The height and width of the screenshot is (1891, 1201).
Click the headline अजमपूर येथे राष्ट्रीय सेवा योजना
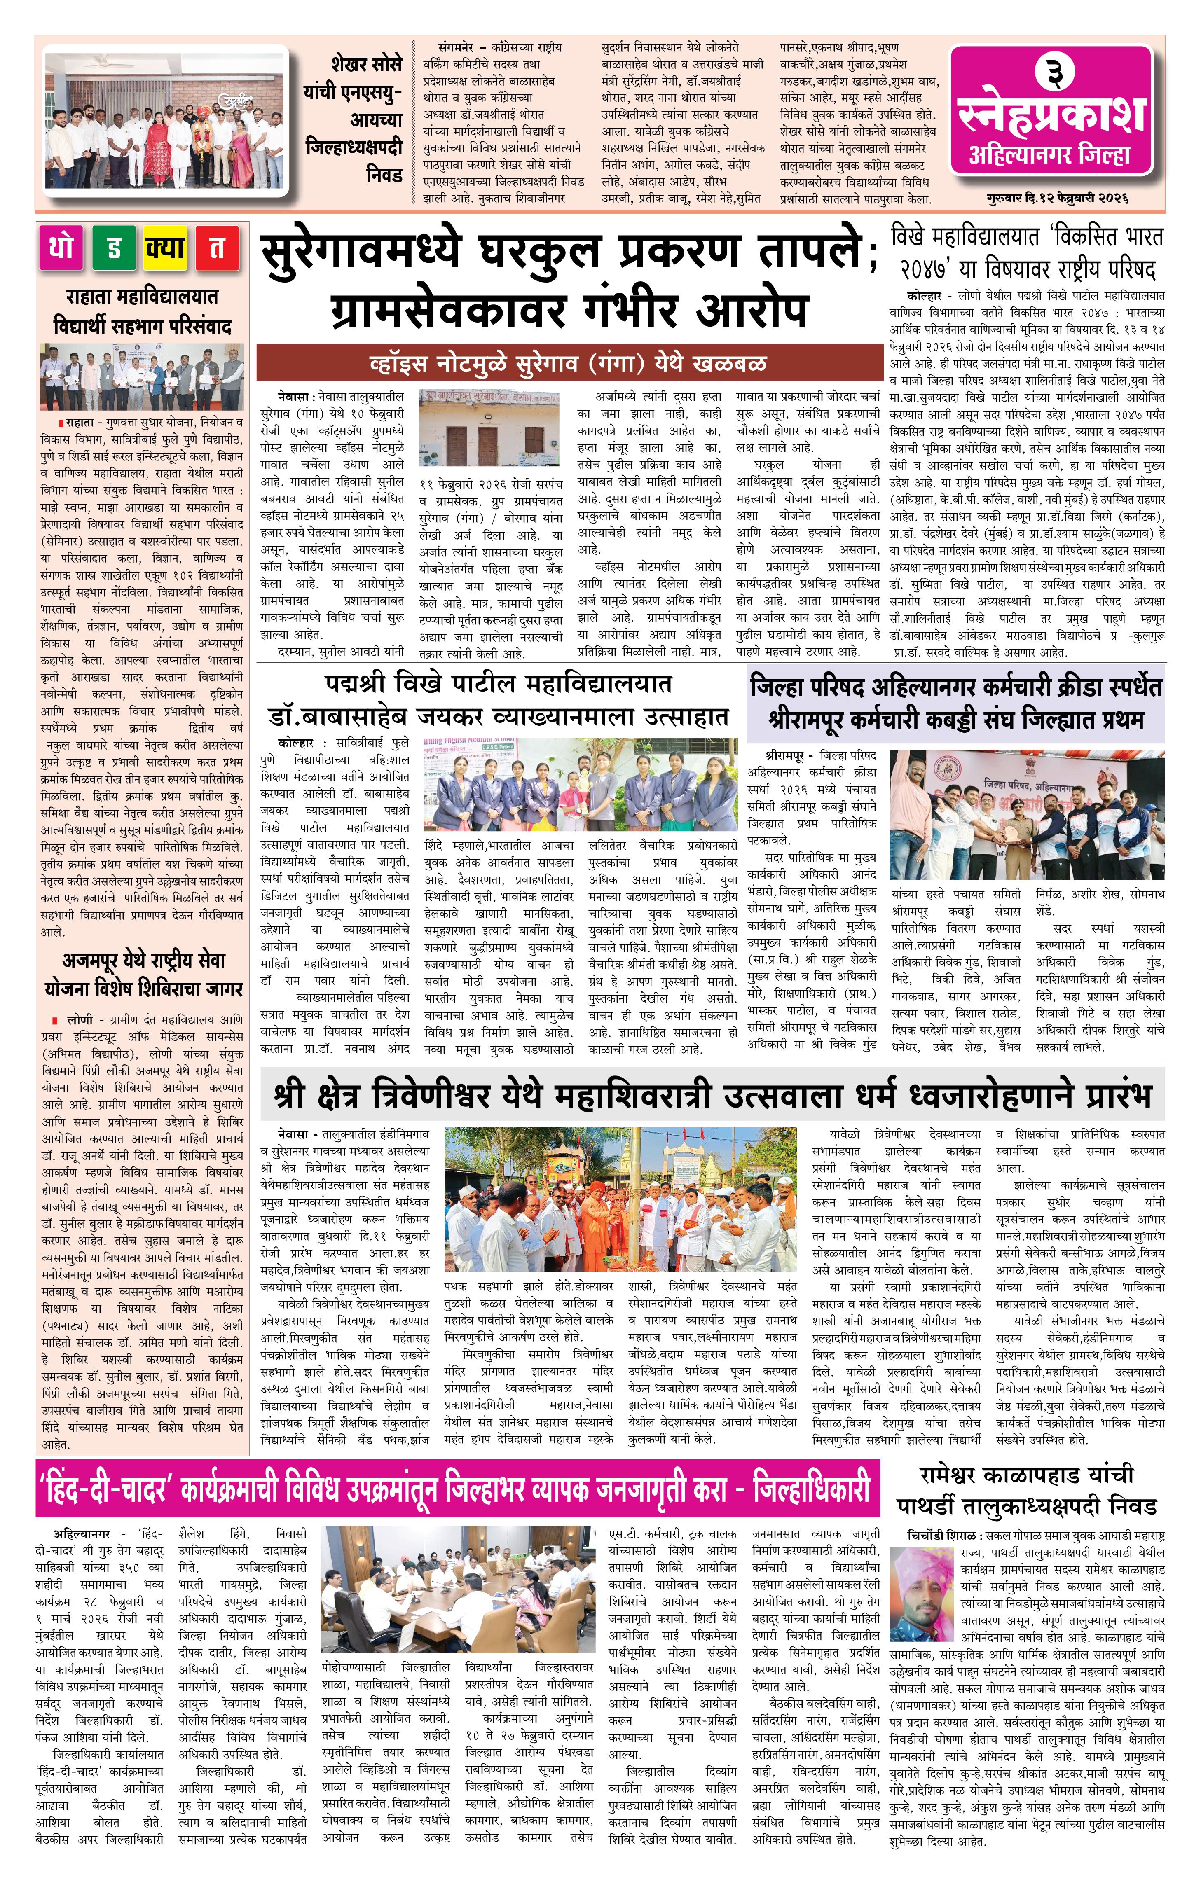click(144, 974)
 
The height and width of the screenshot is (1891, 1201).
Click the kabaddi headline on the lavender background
click(955, 703)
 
